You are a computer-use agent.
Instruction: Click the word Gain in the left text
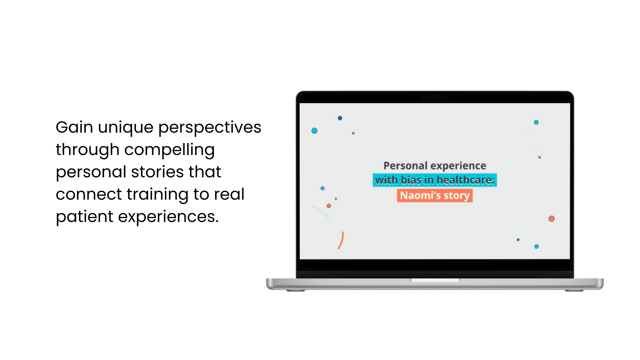click(x=74, y=127)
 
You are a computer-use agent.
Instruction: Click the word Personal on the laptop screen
click(x=405, y=166)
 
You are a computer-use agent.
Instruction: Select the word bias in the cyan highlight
click(x=411, y=180)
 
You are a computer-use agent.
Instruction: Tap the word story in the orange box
click(x=457, y=196)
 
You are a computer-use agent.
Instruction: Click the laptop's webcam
click(x=435, y=97)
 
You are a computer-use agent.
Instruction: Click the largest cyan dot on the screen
click(x=314, y=131)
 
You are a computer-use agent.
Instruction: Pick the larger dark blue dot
click(x=340, y=118)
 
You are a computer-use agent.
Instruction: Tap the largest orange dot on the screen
click(x=552, y=219)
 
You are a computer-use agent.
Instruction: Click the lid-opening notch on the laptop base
click(x=435, y=280)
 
